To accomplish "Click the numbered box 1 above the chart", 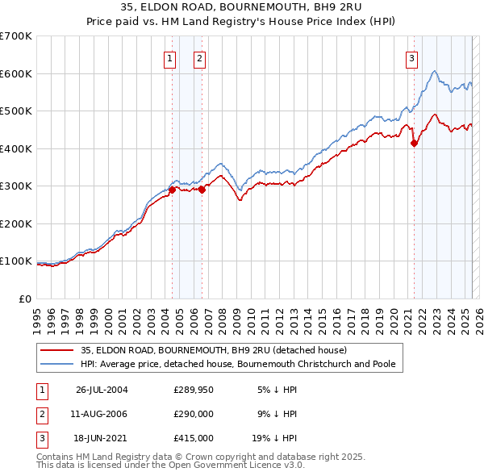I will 171,57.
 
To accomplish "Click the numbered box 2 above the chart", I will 199,57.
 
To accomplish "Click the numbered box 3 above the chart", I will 411,57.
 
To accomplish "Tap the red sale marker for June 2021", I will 414,144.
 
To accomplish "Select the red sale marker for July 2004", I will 172,190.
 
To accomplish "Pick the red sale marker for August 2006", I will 201,190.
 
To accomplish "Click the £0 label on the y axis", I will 25,299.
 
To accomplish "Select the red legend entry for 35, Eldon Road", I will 214,350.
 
